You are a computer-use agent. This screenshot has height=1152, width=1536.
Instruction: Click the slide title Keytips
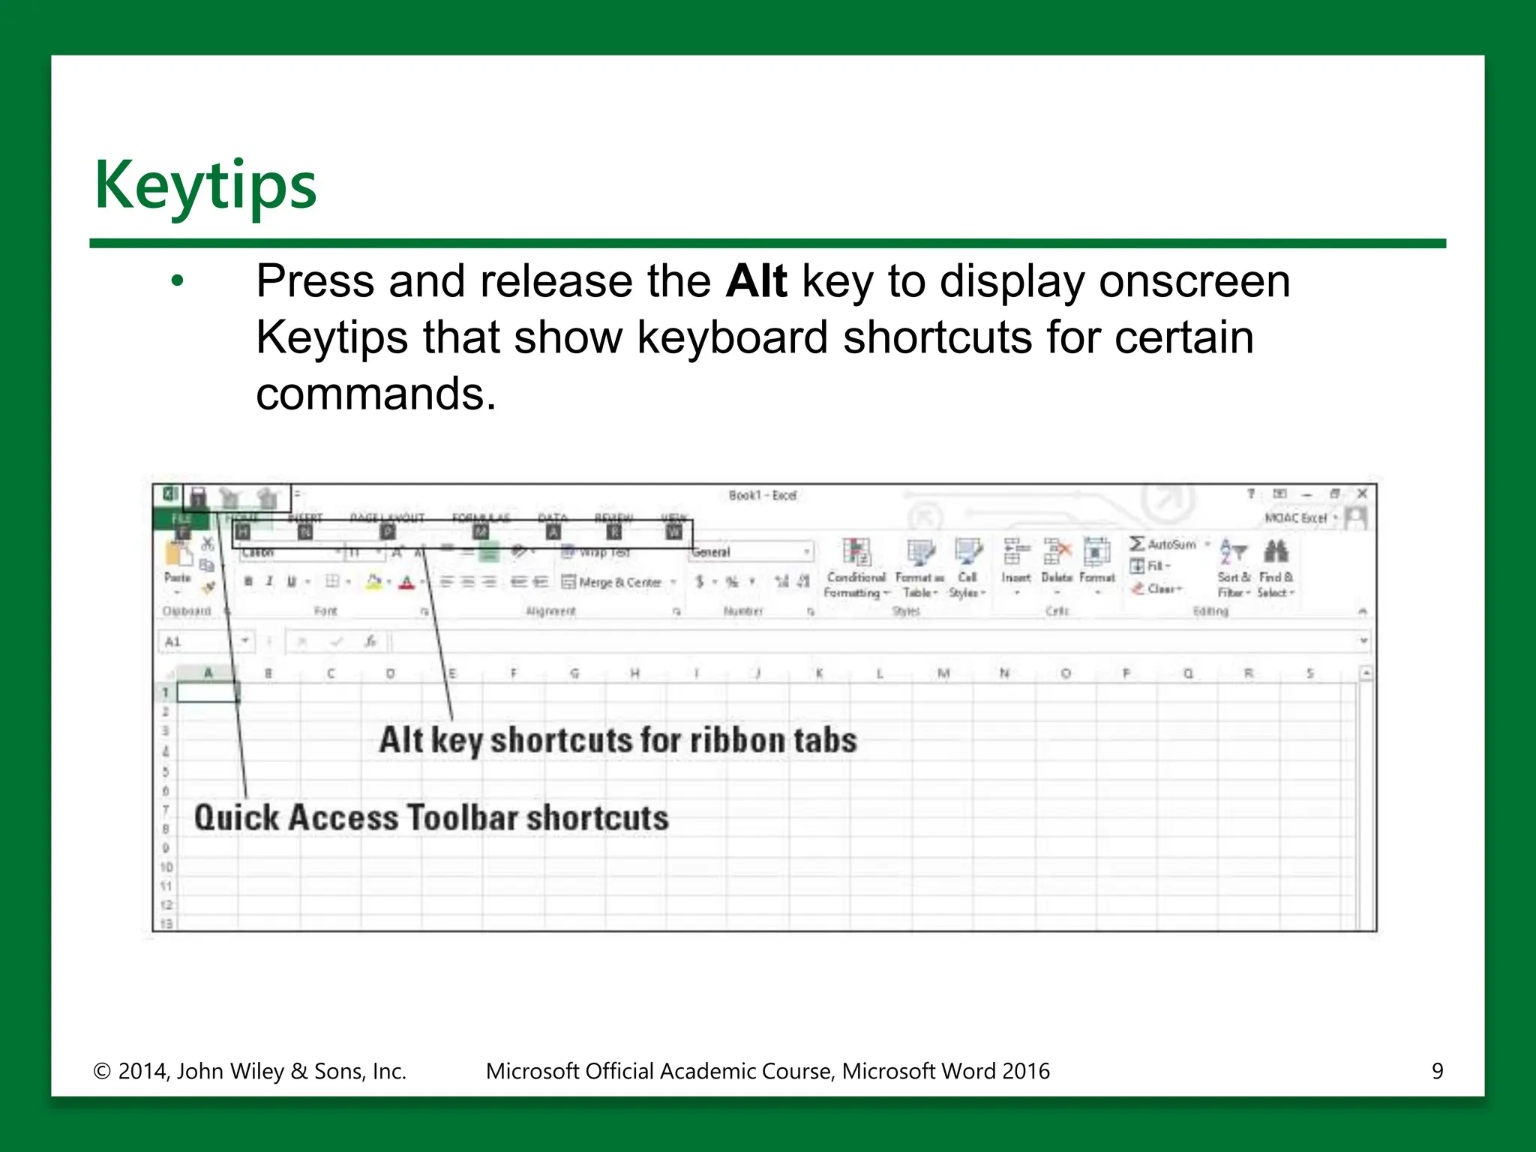tap(205, 185)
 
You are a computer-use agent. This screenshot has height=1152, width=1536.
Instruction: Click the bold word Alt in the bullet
tap(755, 281)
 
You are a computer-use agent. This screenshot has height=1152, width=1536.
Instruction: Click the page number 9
tap(1437, 1071)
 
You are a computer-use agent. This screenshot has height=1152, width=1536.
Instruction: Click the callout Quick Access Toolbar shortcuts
tap(430, 817)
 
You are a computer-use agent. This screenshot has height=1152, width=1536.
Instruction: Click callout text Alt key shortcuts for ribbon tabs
tap(617, 740)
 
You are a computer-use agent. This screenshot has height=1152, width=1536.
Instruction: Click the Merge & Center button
tap(619, 582)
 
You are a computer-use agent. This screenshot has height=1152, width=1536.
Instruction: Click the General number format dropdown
tap(750, 552)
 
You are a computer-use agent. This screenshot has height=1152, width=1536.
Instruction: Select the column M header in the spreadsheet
tap(943, 673)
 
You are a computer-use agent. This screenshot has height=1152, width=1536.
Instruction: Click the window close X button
tap(1363, 493)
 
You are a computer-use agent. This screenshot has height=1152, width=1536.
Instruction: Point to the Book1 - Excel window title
tap(762, 495)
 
